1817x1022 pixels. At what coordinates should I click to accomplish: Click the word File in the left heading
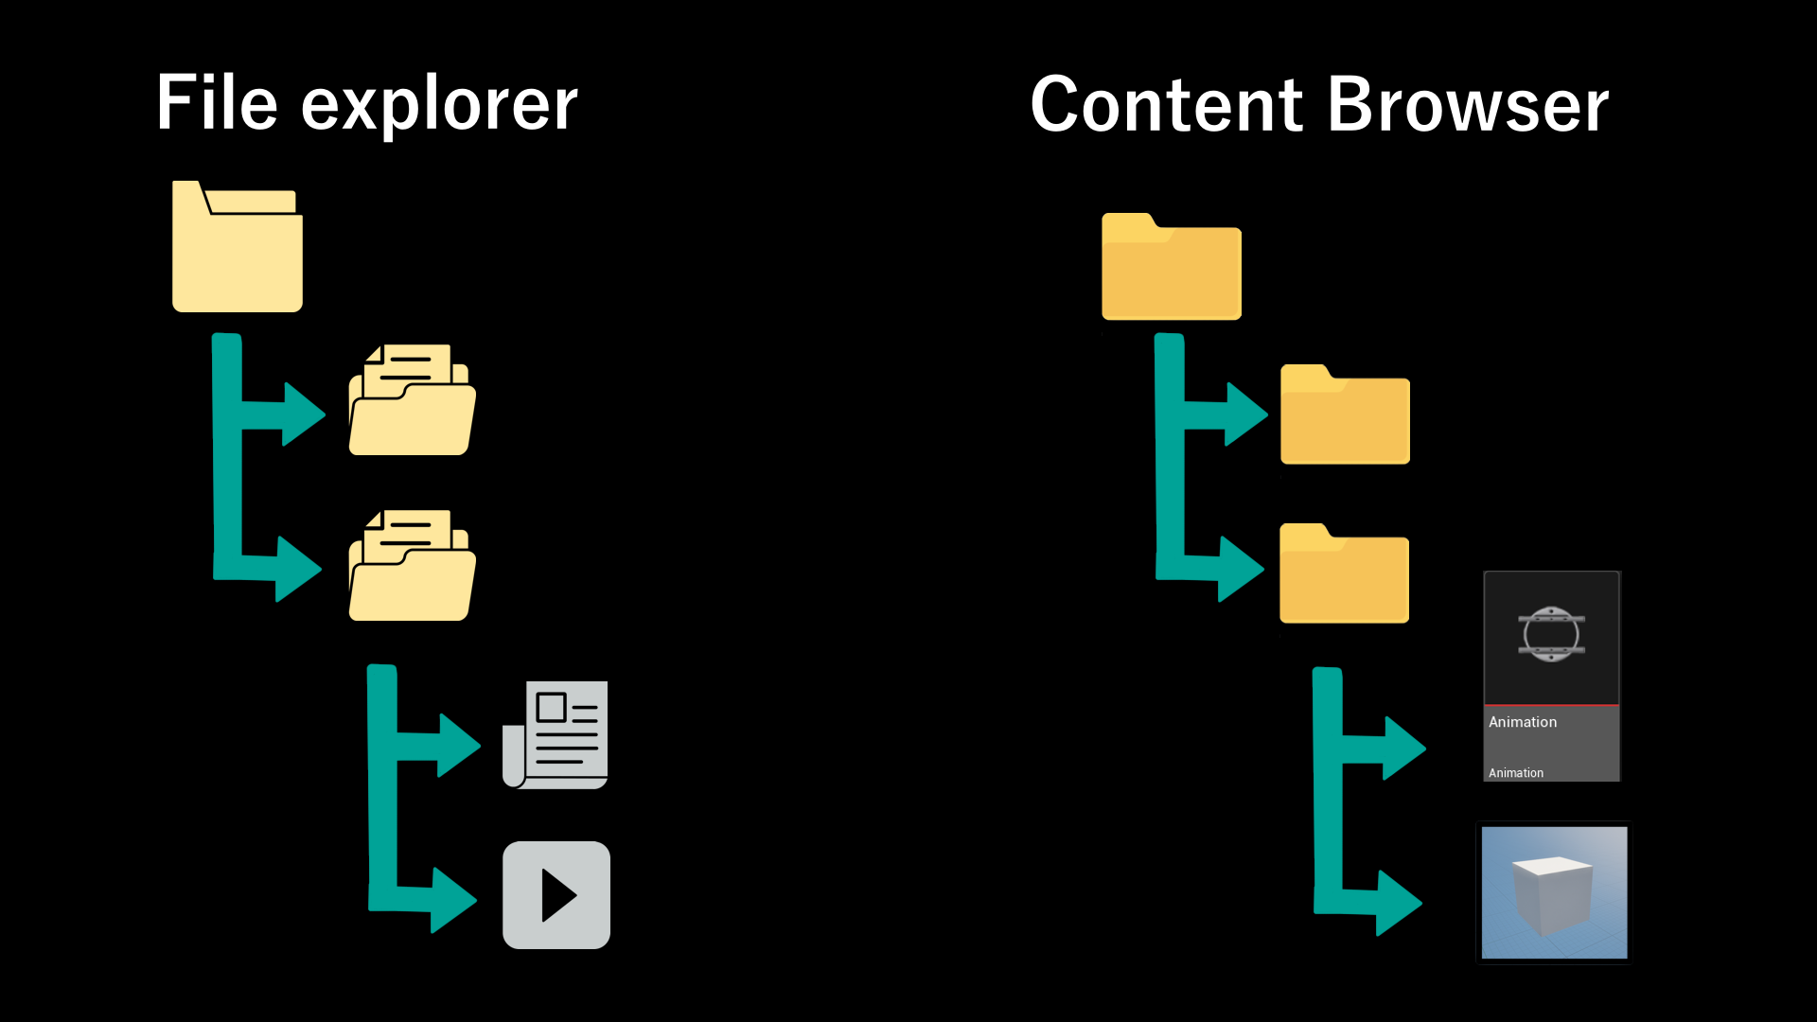[x=217, y=103]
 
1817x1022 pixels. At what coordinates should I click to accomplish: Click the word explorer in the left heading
[x=439, y=106]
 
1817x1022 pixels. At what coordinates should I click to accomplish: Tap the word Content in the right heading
[x=1167, y=105]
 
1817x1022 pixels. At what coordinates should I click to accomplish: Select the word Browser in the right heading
[x=1468, y=105]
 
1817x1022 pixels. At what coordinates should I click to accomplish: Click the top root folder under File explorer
[x=237, y=247]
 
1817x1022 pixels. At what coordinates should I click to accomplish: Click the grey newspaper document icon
[x=556, y=734]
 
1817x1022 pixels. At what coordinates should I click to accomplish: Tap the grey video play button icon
[x=556, y=895]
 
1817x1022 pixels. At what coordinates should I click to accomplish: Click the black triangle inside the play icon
[x=557, y=895]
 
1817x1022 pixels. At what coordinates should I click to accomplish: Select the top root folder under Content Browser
[x=1171, y=268]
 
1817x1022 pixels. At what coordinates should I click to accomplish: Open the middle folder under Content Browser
[x=1345, y=415]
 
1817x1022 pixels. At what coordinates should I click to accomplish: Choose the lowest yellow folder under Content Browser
[x=1344, y=574]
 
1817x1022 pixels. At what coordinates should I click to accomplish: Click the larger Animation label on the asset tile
[x=1522, y=722]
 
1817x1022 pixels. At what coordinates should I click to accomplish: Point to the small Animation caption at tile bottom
[x=1515, y=773]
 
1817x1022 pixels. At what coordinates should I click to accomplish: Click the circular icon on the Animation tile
[x=1551, y=634]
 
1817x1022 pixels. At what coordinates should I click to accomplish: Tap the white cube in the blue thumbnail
[x=1552, y=893]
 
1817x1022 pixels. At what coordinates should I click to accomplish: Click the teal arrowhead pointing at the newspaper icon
[x=459, y=745]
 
